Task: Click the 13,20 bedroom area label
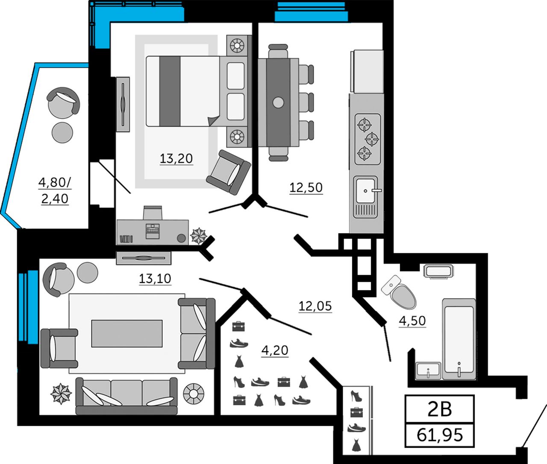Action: (176, 159)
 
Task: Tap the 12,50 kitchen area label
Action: (306, 187)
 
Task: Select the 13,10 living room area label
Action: (155, 279)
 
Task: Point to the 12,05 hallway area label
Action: (315, 306)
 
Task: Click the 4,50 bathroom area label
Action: (412, 321)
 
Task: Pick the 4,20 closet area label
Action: (275, 350)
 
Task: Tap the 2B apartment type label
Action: (440, 409)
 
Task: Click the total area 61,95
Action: (440, 435)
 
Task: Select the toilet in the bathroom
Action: (399, 292)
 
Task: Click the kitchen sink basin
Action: (365, 191)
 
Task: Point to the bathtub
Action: (459, 339)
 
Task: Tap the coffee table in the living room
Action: (127, 333)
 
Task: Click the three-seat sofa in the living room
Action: (126, 396)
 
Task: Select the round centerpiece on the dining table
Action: (278, 102)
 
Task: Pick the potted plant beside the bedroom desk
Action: (198, 235)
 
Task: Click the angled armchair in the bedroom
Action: (228, 172)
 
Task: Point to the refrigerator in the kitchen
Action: (367, 71)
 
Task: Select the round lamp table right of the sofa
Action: (194, 393)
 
